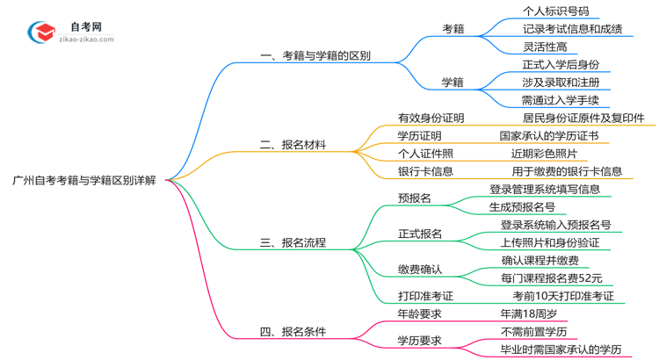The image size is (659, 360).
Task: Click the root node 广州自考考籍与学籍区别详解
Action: pyautogui.click(x=85, y=180)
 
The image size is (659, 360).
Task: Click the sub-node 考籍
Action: pyautogui.click(x=453, y=29)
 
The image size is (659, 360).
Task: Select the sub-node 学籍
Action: pyautogui.click(x=453, y=83)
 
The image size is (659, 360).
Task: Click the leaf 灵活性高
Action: pyautogui.click(x=545, y=47)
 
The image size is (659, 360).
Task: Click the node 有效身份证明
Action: pyautogui.click(x=431, y=119)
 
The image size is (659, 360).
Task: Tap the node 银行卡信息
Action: pyautogui.click(x=425, y=171)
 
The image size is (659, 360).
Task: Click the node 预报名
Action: pyautogui.click(x=415, y=198)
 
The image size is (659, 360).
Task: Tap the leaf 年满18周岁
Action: pyautogui.click(x=528, y=313)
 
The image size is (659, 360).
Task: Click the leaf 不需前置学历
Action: pyautogui.click(x=534, y=331)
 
